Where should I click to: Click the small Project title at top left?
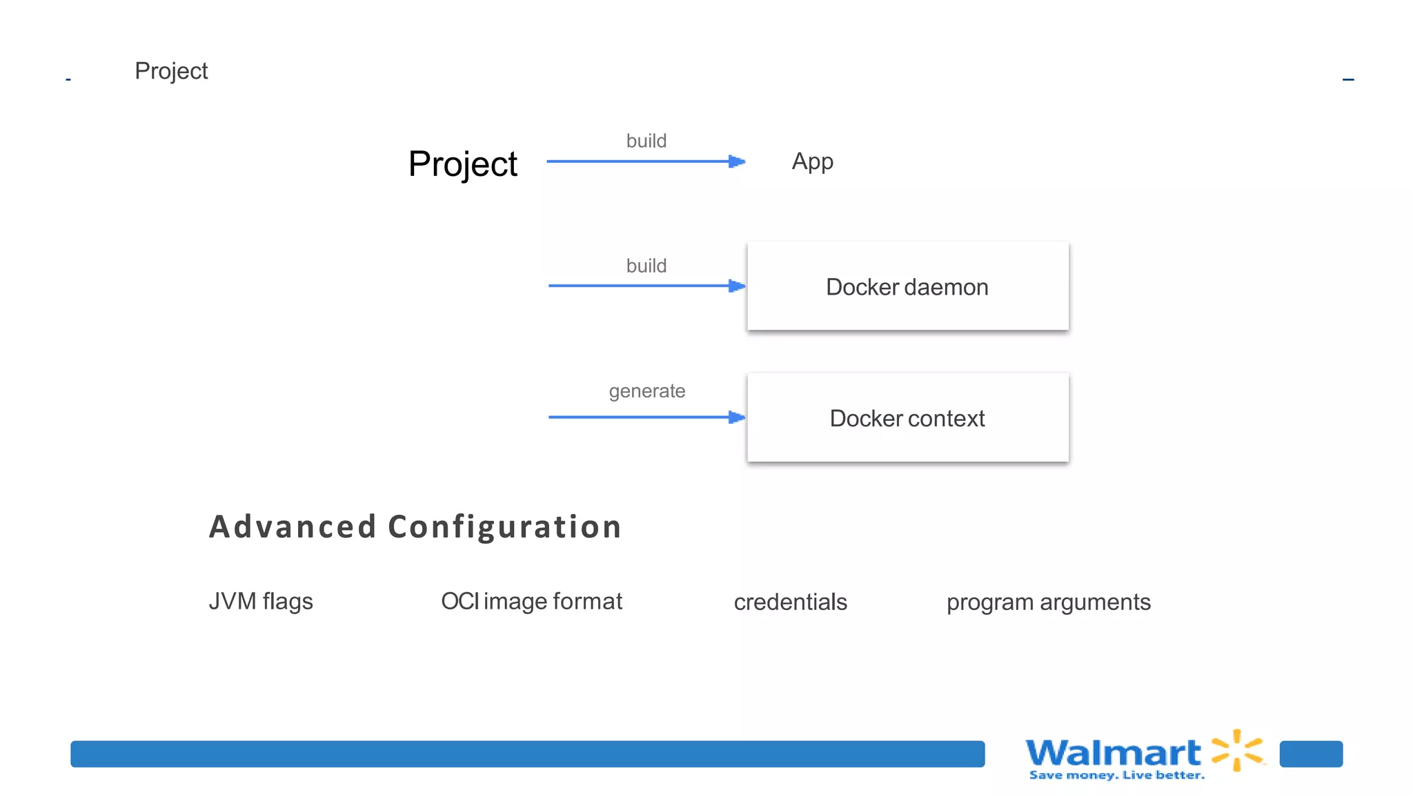click(x=171, y=71)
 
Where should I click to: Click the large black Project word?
click(x=462, y=164)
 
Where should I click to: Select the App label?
click(x=812, y=161)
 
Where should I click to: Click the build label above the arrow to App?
click(x=646, y=141)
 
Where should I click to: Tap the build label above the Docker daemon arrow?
click(x=646, y=266)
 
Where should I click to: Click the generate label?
click(x=646, y=391)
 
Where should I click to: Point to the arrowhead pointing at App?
click(x=737, y=161)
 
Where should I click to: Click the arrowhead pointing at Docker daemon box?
click(x=737, y=286)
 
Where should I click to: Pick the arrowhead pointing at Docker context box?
click(x=737, y=417)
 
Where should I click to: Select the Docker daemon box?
click(x=907, y=286)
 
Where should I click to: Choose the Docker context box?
click(x=907, y=418)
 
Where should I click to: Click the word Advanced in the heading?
click(x=293, y=527)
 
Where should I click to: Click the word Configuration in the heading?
click(x=504, y=527)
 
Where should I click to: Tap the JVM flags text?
click(x=261, y=601)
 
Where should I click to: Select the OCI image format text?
click(x=531, y=601)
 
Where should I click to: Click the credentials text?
click(x=790, y=602)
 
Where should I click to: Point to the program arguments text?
click(x=1048, y=602)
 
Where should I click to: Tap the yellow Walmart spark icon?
click(x=1238, y=750)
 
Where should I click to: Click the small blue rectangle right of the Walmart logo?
click(x=1310, y=754)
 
